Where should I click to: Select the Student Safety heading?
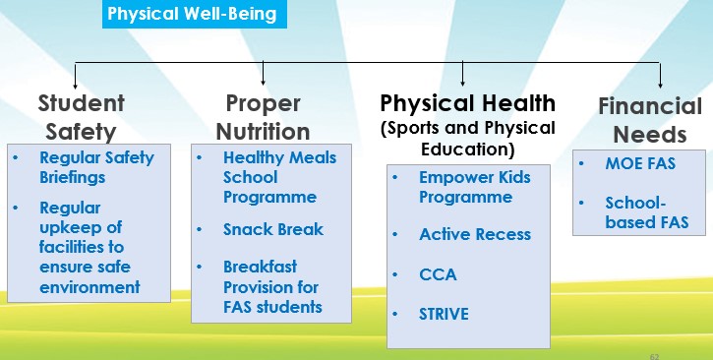[82, 117]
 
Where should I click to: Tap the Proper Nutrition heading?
[262, 117]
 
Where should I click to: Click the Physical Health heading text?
[468, 104]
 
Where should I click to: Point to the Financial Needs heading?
[650, 120]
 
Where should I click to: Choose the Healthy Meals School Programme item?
[279, 177]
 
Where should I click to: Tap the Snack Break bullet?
[273, 229]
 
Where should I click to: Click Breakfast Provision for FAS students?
[272, 286]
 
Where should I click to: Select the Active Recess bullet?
[474, 234]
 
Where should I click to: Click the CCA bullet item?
[438, 274]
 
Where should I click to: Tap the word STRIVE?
[444, 315]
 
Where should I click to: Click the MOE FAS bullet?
[640, 163]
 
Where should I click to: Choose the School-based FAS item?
[646, 211]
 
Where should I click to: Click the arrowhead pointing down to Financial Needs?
[660, 83]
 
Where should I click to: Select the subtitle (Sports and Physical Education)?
[468, 139]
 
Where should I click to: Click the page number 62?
[655, 351]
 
